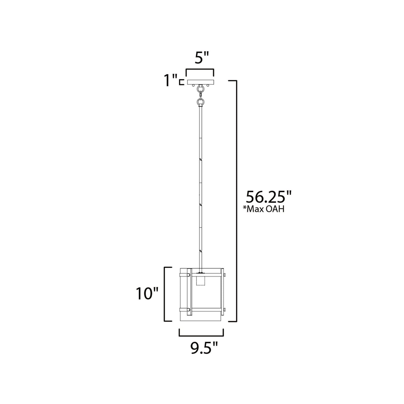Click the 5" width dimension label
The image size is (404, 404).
click(202, 59)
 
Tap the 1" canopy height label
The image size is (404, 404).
click(171, 81)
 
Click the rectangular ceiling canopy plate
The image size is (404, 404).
click(200, 82)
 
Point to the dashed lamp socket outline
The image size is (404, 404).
click(200, 281)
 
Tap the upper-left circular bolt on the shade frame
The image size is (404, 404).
click(189, 275)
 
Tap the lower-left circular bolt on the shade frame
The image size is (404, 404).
click(189, 310)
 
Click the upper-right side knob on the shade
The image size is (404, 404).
click(225, 275)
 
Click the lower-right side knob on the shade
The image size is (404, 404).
click(225, 310)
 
